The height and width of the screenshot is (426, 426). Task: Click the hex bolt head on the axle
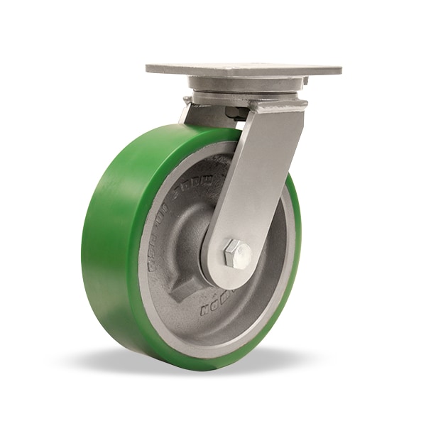coord(236,253)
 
